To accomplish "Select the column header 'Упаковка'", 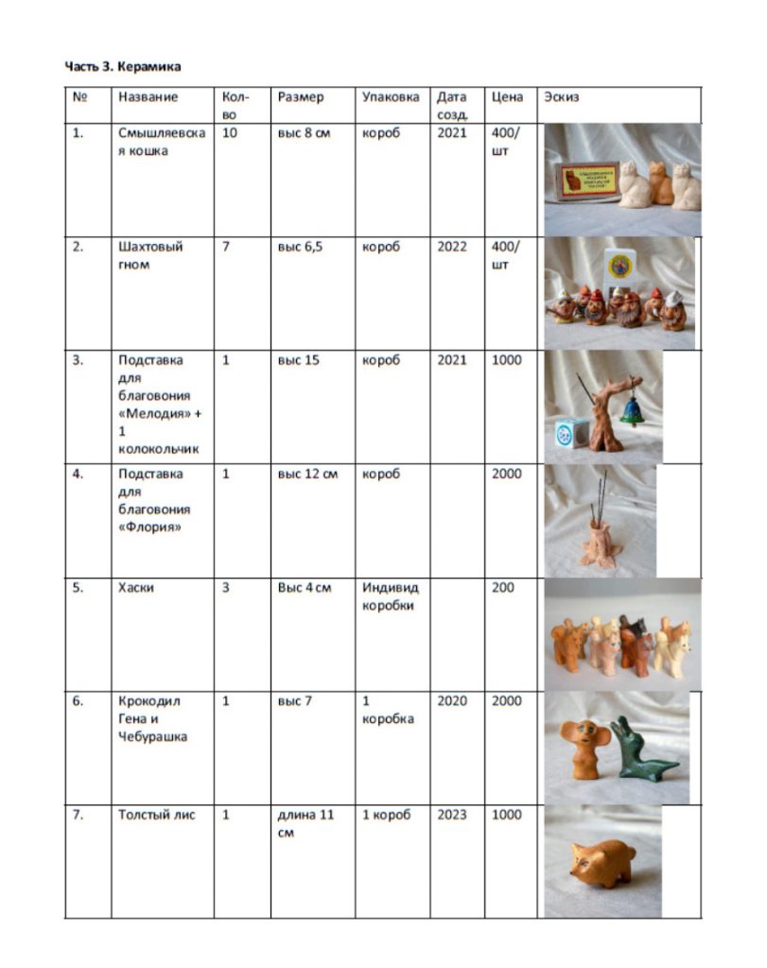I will pyautogui.click(x=390, y=96).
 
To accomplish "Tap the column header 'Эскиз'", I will pyautogui.click(x=562, y=96).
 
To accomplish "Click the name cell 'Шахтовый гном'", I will pyautogui.click(x=150, y=255).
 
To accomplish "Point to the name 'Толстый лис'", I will pyautogui.click(x=157, y=814).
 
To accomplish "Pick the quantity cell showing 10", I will pyautogui.click(x=230, y=133).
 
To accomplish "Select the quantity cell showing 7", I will pyautogui.click(x=226, y=247).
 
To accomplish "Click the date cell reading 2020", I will pyautogui.click(x=452, y=700).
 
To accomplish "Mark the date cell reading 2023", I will pyautogui.click(x=452, y=814).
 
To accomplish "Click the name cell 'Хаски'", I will pyautogui.click(x=136, y=587).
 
